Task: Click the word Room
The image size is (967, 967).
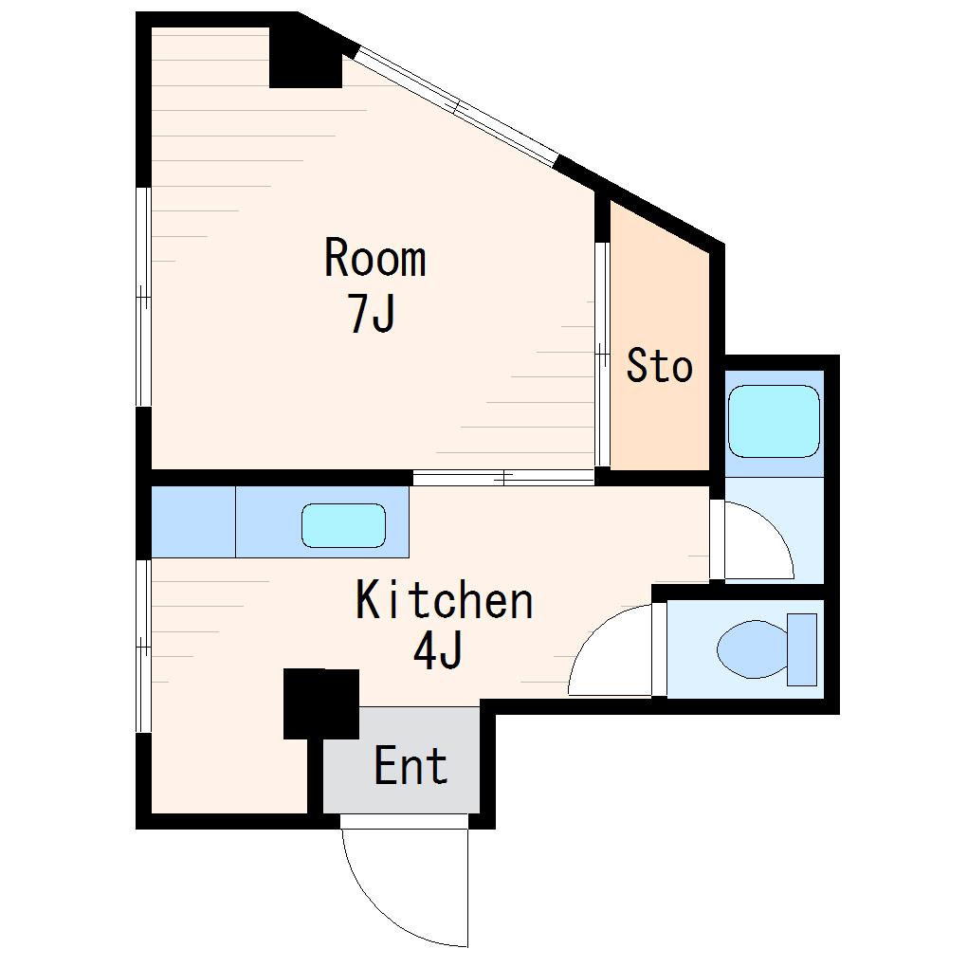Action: (375, 258)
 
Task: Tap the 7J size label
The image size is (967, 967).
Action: (371, 313)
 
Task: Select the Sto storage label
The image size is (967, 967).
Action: (659, 366)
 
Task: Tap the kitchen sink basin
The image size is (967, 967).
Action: (343, 525)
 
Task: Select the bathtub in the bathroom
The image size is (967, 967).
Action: (774, 422)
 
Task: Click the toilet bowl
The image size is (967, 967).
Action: (753, 649)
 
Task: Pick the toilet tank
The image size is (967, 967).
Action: (802, 649)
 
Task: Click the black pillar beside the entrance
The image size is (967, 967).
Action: (320, 703)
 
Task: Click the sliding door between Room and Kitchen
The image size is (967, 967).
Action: (503, 477)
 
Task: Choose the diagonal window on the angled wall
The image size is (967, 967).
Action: (456, 107)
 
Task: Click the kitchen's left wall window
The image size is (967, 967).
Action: (143, 646)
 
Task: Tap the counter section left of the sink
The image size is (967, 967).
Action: (193, 521)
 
